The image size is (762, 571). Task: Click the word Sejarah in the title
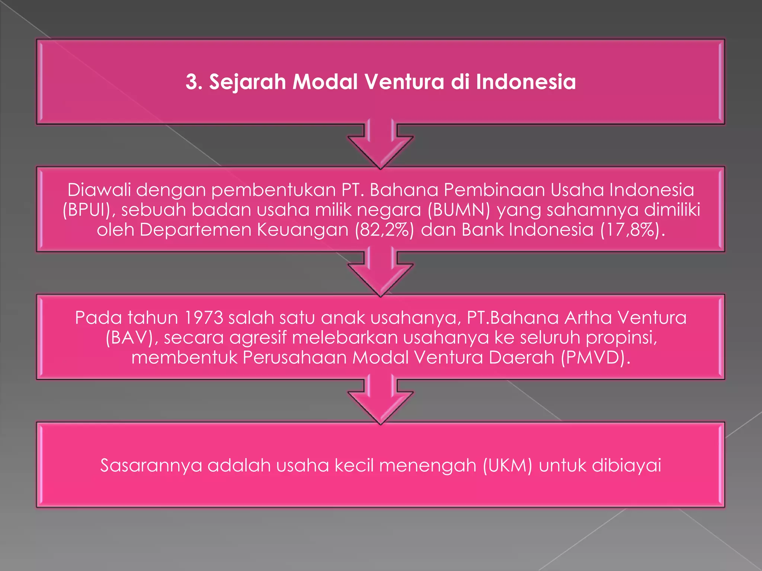click(247, 82)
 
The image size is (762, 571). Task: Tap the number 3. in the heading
click(193, 82)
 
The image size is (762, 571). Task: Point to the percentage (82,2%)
click(384, 230)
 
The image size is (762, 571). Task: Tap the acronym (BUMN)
click(459, 210)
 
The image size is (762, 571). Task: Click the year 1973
click(203, 318)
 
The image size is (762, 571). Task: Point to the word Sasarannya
click(151, 465)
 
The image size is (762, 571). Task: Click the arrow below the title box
click(381, 147)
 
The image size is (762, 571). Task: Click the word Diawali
click(99, 190)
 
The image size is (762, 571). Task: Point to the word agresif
click(258, 338)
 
